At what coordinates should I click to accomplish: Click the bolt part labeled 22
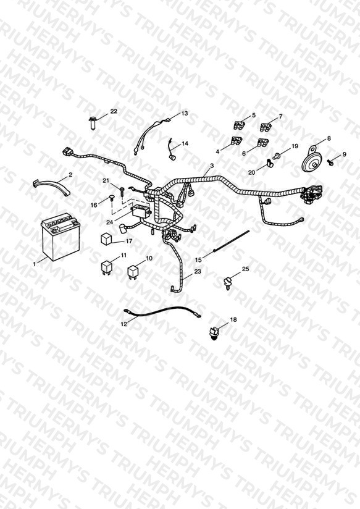click(x=92, y=123)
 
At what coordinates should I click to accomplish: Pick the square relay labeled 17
click(x=106, y=239)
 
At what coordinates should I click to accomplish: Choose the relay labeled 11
click(x=107, y=267)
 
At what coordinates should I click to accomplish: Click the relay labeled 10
click(x=132, y=272)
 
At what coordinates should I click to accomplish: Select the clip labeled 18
click(x=214, y=333)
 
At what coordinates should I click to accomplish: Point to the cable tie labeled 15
click(x=231, y=241)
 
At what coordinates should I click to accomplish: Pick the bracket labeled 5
click(x=240, y=125)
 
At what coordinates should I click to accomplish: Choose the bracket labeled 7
click(x=266, y=127)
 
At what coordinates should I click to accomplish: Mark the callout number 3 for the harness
click(x=212, y=166)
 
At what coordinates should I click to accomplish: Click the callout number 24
click(x=109, y=222)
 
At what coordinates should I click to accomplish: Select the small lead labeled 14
click(x=172, y=149)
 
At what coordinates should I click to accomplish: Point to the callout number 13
click(x=185, y=113)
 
